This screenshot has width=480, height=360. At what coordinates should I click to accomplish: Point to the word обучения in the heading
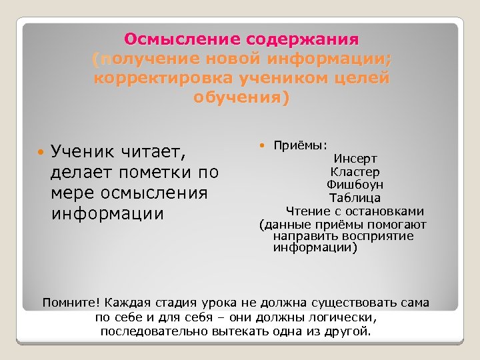240,99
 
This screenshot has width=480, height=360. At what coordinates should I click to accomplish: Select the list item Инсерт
355,159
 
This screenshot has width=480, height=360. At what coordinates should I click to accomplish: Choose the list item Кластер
355,171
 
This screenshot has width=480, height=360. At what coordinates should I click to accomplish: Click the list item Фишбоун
355,185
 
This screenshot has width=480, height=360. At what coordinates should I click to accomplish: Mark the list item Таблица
355,198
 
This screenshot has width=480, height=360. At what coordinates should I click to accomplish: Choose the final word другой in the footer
351,331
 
